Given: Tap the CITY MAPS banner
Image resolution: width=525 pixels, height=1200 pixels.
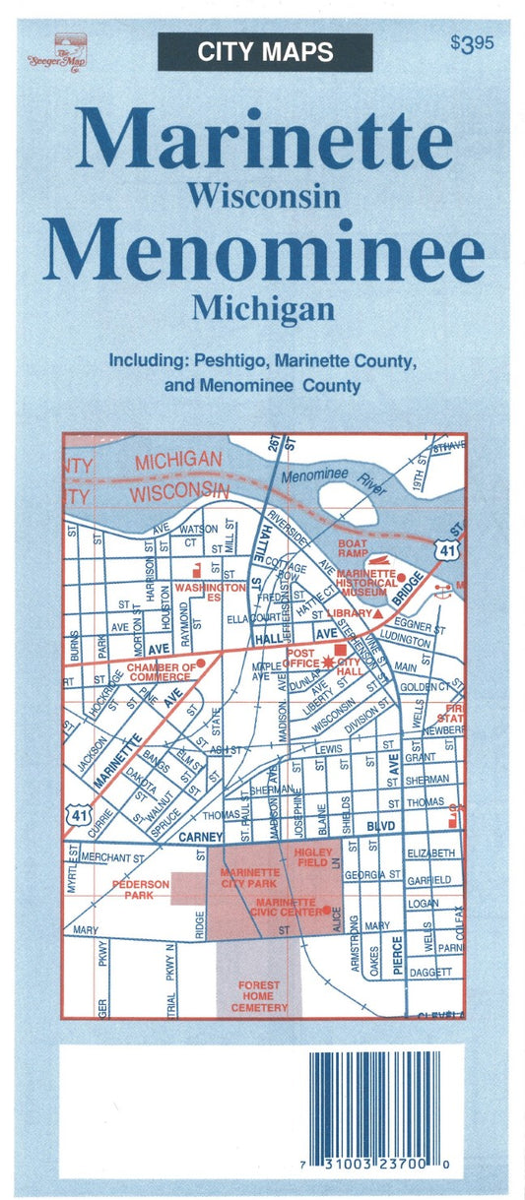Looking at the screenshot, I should click(x=265, y=52).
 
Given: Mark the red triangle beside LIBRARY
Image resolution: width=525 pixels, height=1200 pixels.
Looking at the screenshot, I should click(x=377, y=612).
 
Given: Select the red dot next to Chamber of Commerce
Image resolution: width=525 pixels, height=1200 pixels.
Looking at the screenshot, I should click(x=201, y=663).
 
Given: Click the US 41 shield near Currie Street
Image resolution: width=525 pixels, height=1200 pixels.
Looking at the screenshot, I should click(x=76, y=813).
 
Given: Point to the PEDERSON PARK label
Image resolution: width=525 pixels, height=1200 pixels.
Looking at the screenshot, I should click(x=139, y=889).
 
